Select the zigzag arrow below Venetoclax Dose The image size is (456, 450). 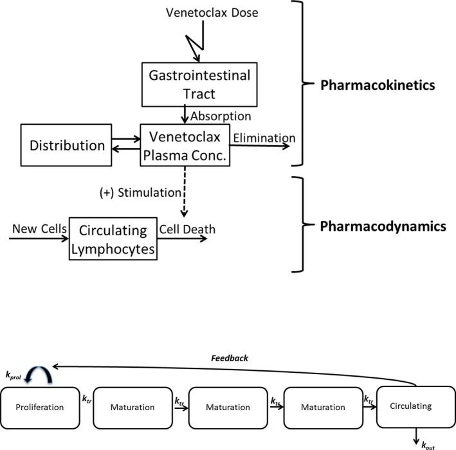tap(194, 43)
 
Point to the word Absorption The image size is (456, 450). tap(221, 116)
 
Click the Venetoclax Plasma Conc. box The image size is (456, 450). tap(185, 146)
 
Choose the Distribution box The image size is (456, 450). tap(67, 145)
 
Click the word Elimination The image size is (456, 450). tap(264, 138)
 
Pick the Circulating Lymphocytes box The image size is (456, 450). tap(113, 238)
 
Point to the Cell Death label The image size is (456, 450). tap(188, 230)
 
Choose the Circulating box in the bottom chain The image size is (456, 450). tap(412, 406)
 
